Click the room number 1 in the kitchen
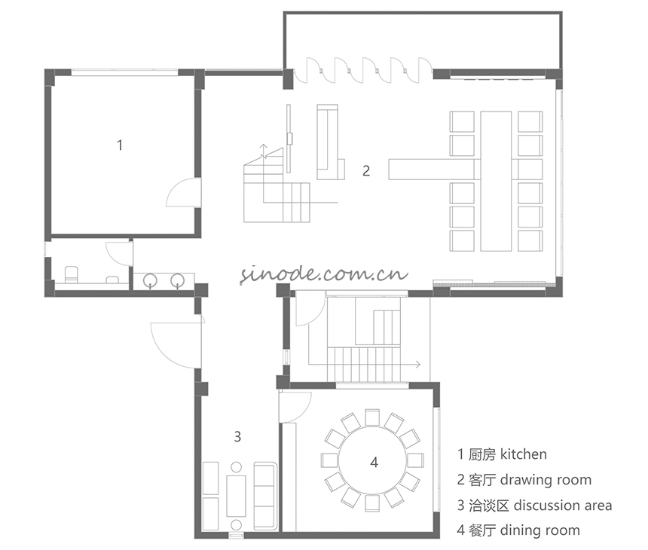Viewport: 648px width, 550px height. [x=120, y=145]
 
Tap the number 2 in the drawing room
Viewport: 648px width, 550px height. [x=366, y=171]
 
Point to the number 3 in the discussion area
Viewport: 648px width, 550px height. [x=237, y=436]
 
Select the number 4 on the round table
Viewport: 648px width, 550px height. [x=374, y=462]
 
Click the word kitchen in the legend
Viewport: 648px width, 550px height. [x=523, y=454]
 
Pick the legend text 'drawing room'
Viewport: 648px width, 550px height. [x=546, y=480]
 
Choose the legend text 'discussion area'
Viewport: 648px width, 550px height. [x=562, y=506]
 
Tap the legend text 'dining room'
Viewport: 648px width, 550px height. [x=539, y=530]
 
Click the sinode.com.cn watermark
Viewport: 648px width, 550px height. [x=324, y=273]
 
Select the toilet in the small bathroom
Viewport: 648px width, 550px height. [x=72, y=275]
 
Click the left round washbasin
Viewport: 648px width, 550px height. [x=151, y=280]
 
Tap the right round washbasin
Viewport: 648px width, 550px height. [x=178, y=280]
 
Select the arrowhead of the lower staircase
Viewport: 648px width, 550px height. [x=418, y=365]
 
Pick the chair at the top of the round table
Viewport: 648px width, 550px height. [x=372, y=417]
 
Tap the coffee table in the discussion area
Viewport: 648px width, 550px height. [x=236, y=496]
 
